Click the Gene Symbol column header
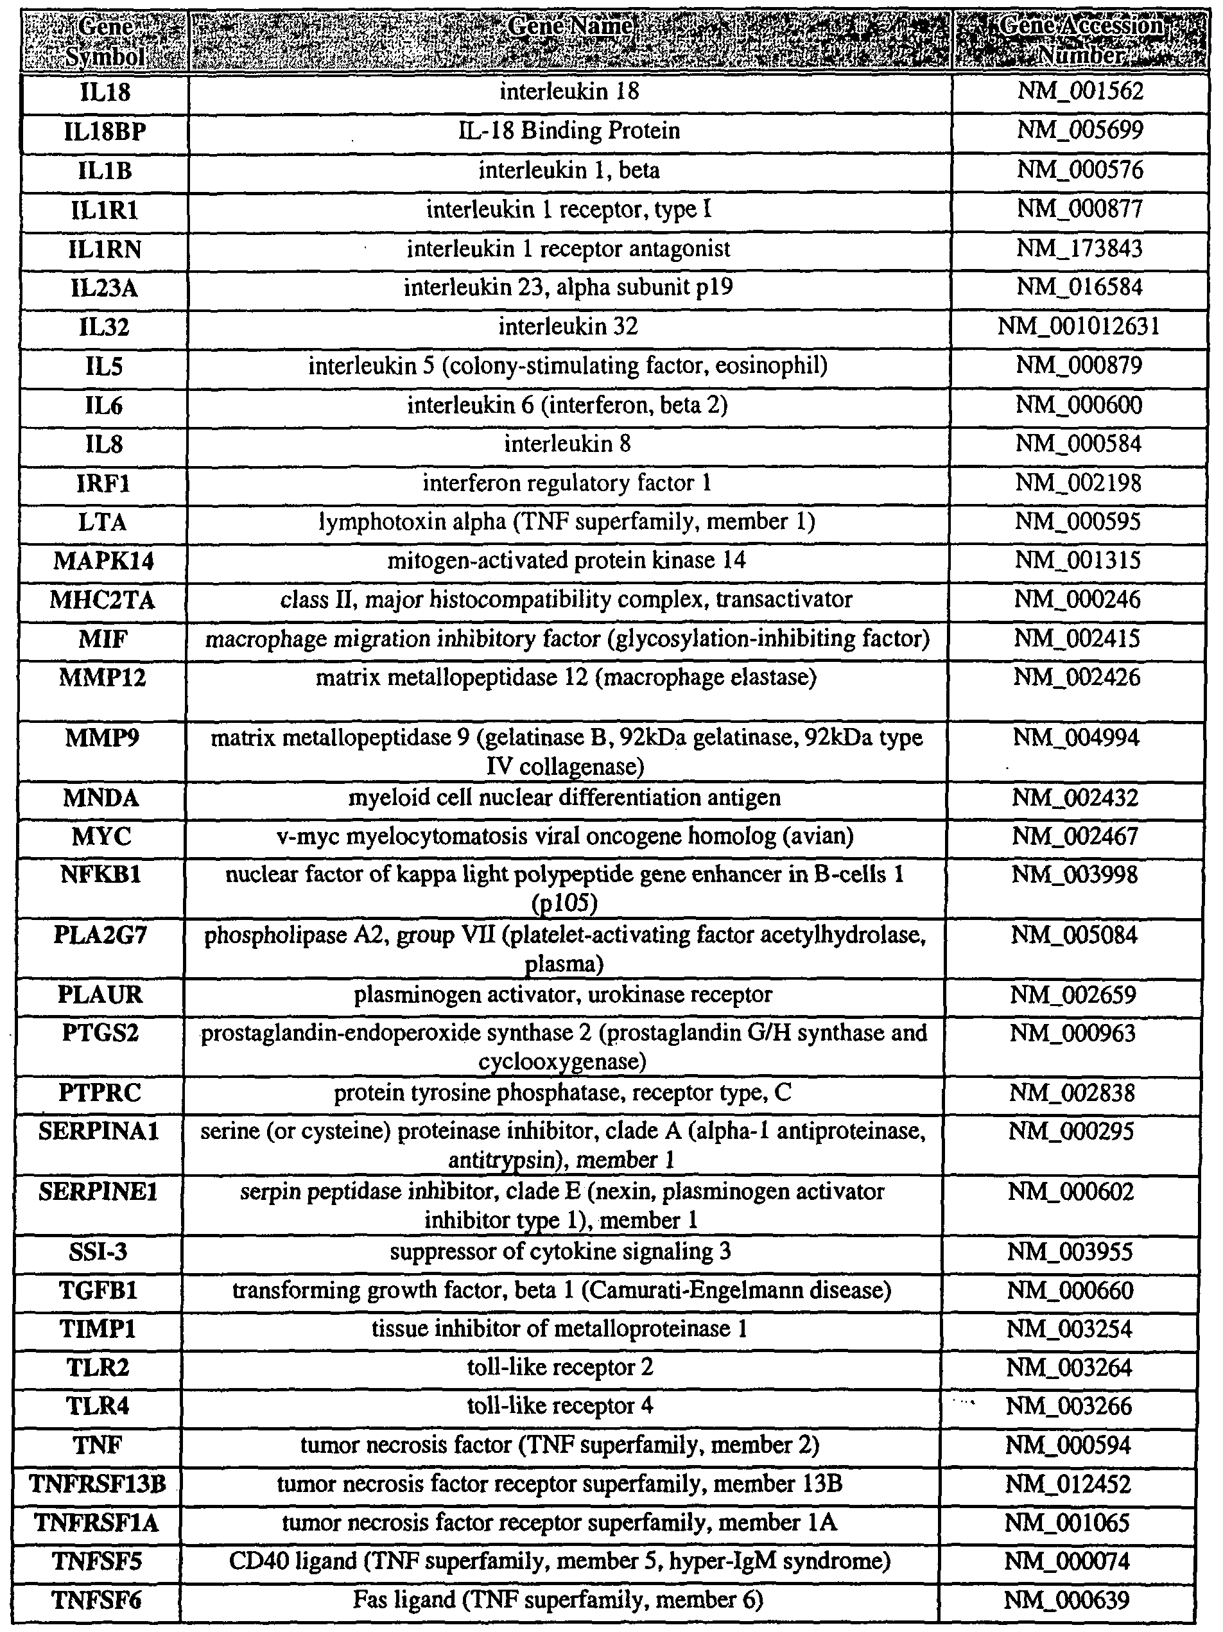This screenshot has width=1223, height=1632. (x=104, y=40)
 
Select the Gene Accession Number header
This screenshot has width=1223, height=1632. (x=1080, y=40)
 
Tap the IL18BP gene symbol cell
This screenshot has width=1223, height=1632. (x=104, y=132)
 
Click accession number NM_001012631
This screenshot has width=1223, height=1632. (x=1079, y=326)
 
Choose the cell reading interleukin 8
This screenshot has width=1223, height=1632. (x=568, y=444)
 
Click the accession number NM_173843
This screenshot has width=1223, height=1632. (x=1079, y=248)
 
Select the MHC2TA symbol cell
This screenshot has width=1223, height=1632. (x=103, y=600)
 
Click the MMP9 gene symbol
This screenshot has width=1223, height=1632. (x=102, y=738)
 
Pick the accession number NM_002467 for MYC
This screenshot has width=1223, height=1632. (x=1075, y=837)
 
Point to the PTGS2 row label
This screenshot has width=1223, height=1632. (x=100, y=1033)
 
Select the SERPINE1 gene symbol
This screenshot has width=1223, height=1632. (x=99, y=1192)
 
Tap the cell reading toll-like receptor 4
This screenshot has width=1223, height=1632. (x=560, y=1406)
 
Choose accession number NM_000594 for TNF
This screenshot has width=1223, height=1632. (x=1068, y=1445)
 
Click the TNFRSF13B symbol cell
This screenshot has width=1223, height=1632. (x=98, y=1484)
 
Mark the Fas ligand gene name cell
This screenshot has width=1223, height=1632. (x=559, y=1601)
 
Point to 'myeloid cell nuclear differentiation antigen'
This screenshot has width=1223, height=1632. (x=564, y=798)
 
